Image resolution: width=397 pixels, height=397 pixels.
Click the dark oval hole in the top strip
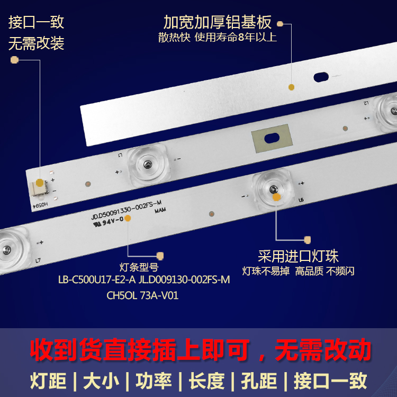click(321, 77)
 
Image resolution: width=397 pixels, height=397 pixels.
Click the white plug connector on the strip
click(40, 186)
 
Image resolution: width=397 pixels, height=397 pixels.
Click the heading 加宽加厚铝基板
click(218, 22)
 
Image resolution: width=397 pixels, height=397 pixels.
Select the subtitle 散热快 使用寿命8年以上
click(218, 38)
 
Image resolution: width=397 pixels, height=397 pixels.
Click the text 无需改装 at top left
click(37, 43)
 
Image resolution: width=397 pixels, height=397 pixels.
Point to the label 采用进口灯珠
click(298, 257)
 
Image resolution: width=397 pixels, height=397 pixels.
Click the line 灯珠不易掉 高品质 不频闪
click(298, 271)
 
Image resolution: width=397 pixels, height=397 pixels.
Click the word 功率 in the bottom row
click(151, 381)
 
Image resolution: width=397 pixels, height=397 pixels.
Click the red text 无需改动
click(324, 350)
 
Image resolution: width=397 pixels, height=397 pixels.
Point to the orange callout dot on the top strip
click(291, 87)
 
